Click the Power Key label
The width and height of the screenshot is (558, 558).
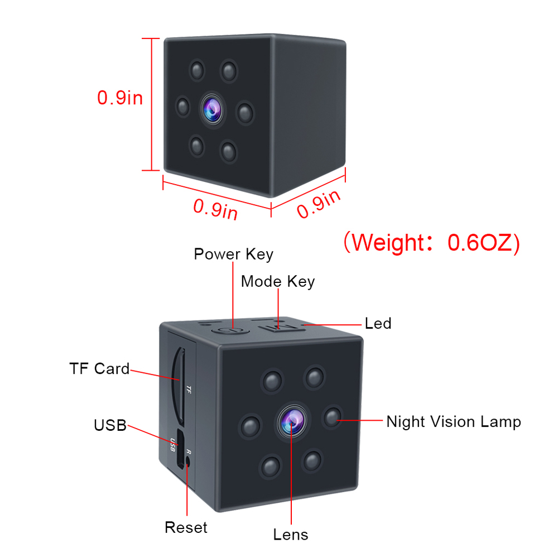(x=233, y=254)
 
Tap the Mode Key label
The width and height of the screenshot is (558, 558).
(x=277, y=281)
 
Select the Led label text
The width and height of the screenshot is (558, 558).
(x=378, y=323)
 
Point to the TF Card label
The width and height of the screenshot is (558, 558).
(x=99, y=368)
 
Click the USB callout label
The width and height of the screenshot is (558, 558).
(x=110, y=425)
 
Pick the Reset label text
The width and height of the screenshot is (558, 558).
(x=186, y=527)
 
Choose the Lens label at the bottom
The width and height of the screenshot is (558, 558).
(x=290, y=534)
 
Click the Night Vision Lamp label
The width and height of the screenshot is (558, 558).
(x=453, y=421)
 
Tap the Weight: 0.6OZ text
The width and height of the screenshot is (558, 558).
(x=431, y=243)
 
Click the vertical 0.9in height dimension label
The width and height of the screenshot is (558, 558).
(x=120, y=98)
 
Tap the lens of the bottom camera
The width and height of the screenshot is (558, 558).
(x=291, y=419)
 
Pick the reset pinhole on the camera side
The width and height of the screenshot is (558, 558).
(x=188, y=461)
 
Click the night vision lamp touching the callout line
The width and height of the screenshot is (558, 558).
(x=332, y=416)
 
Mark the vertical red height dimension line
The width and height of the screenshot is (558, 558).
(x=151, y=104)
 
